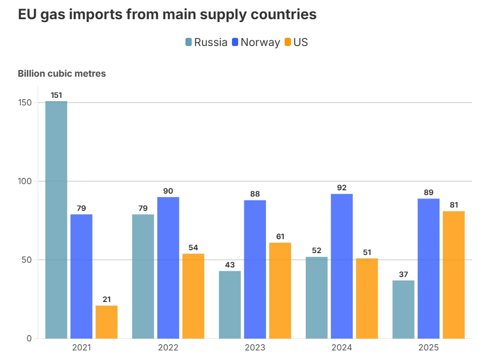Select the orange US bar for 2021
point(106,322)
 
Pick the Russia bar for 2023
point(230,304)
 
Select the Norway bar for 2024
point(342,266)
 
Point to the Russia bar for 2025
point(403,309)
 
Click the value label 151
point(56,95)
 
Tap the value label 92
point(342,188)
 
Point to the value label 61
point(280,237)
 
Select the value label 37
point(403,275)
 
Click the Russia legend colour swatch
point(188,42)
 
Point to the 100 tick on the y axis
point(25,181)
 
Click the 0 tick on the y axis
point(29,338)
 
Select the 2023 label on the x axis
point(255,348)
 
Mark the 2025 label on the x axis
point(428,348)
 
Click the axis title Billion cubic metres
point(62,74)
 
